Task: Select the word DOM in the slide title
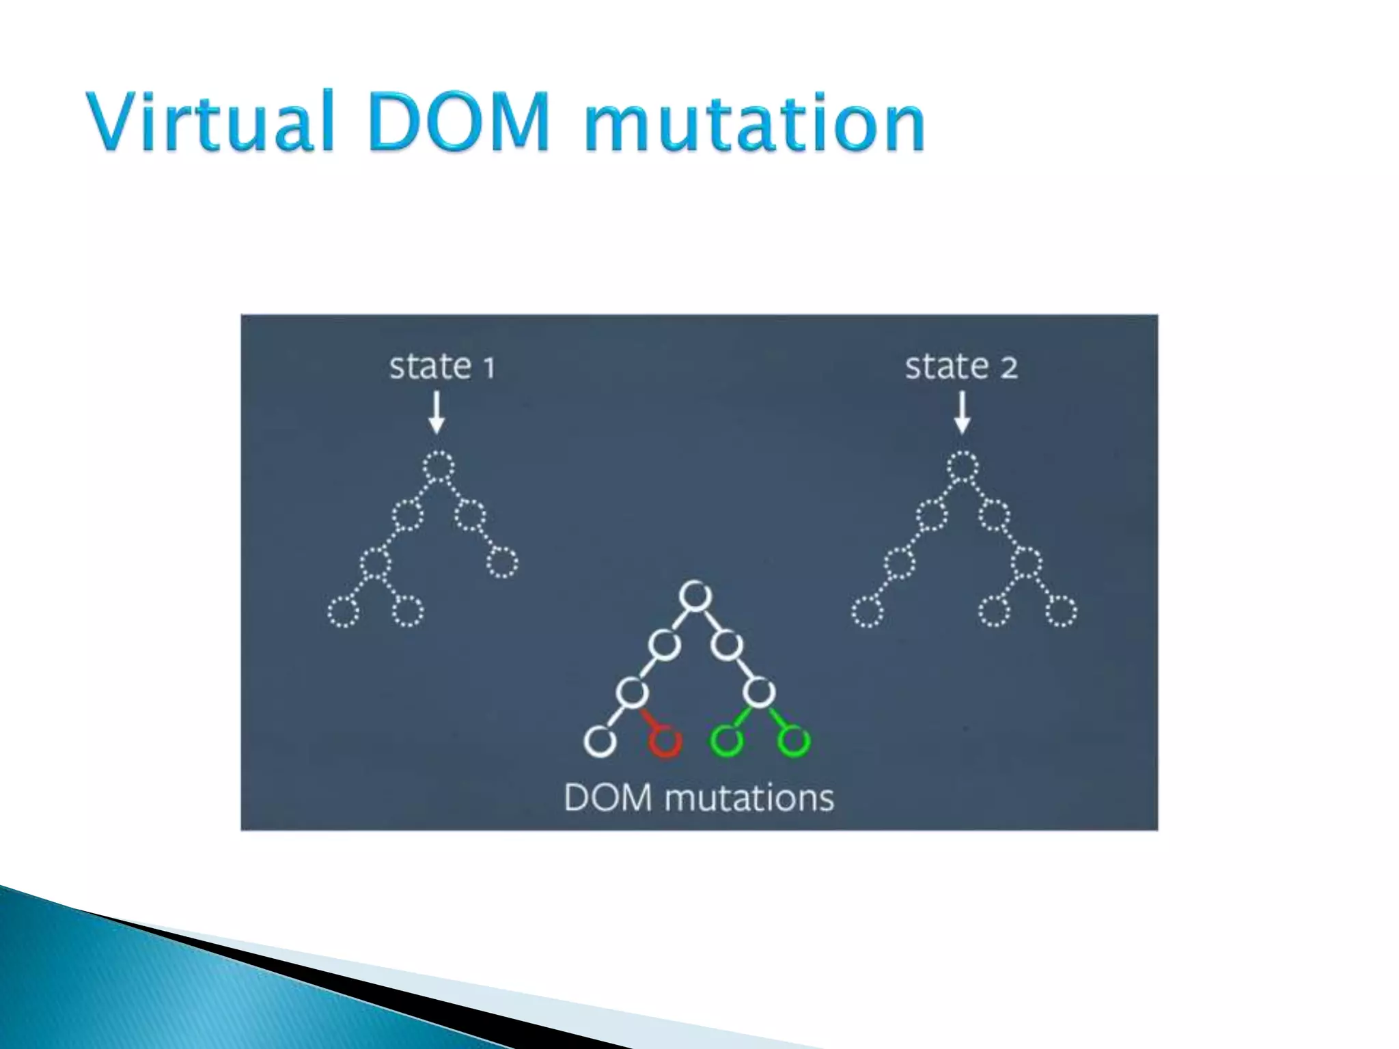tap(459, 122)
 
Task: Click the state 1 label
tap(441, 367)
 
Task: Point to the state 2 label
tap(961, 367)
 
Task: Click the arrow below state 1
tap(437, 412)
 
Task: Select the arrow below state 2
tap(962, 412)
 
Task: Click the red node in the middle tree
tap(664, 741)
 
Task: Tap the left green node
tap(726, 741)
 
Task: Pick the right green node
tap(793, 741)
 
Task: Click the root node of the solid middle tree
tap(695, 596)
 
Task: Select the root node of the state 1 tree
tap(438, 467)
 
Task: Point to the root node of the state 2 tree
tap(962, 467)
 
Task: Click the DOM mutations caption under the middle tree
tap(699, 798)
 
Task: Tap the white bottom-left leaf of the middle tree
tap(600, 741)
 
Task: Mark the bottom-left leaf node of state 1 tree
tap(343, 611)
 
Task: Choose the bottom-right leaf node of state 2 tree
tap(1060, 611)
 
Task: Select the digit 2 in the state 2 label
tap(1009, 368)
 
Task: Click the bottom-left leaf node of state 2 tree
tap(867, 611)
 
